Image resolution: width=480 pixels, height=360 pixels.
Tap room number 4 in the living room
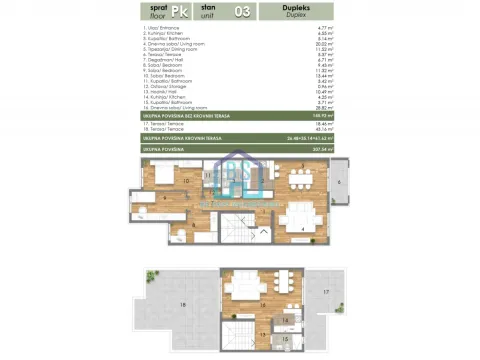click(x=303, y=229)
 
